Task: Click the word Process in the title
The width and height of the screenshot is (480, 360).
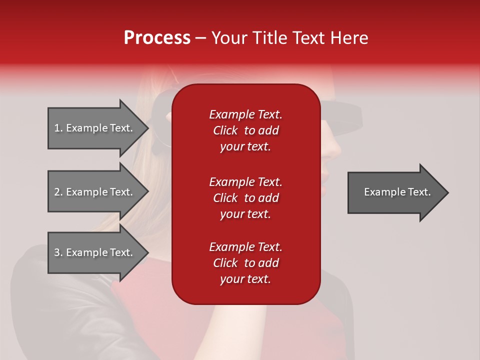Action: click(x=157, y=38)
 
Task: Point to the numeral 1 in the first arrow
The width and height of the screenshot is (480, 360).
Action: click(x=56, y=128)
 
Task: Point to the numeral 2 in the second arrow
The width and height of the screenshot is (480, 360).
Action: click(x=57, y=192)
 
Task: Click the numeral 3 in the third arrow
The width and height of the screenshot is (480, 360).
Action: click(x=57, y=252)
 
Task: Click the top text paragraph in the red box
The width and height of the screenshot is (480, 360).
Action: click(x=245, y=130)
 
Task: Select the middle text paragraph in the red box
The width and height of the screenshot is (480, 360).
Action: click(x=245, y=198)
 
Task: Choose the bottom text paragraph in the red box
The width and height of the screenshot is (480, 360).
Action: click(x=245, y=263)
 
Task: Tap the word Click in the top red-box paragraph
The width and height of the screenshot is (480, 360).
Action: click(x=225, y=130)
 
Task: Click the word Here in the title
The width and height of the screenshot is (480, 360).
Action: click(x=349, y=38)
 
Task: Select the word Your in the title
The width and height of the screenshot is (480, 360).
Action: click(x=228, y=38)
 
